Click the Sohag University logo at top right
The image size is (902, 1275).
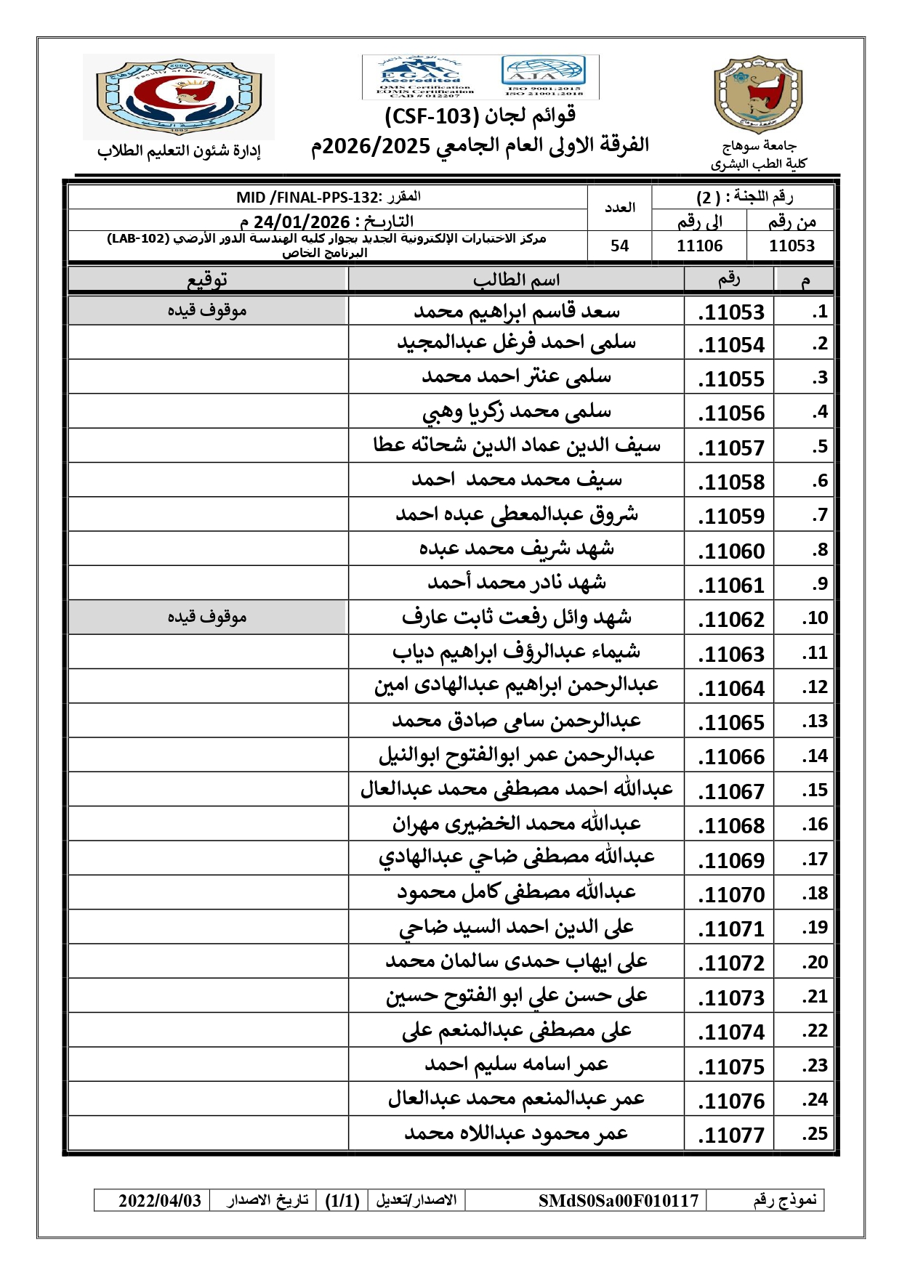758,94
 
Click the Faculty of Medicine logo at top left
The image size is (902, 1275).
179,96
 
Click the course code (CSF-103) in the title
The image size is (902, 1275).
430,116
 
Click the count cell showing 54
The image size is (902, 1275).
619,246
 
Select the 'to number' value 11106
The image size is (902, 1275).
699,246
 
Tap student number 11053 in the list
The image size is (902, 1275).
731,312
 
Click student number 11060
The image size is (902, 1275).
731,551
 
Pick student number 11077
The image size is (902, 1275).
731,1136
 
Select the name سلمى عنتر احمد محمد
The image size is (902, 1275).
516,376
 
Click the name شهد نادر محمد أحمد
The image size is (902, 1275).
516,583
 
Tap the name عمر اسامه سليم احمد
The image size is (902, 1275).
516,1064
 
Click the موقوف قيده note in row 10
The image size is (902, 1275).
207,617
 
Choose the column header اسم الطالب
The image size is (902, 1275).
516,280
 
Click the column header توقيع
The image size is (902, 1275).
208,280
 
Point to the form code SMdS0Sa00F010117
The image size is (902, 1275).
618,1201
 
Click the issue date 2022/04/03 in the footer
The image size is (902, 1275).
160,1201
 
